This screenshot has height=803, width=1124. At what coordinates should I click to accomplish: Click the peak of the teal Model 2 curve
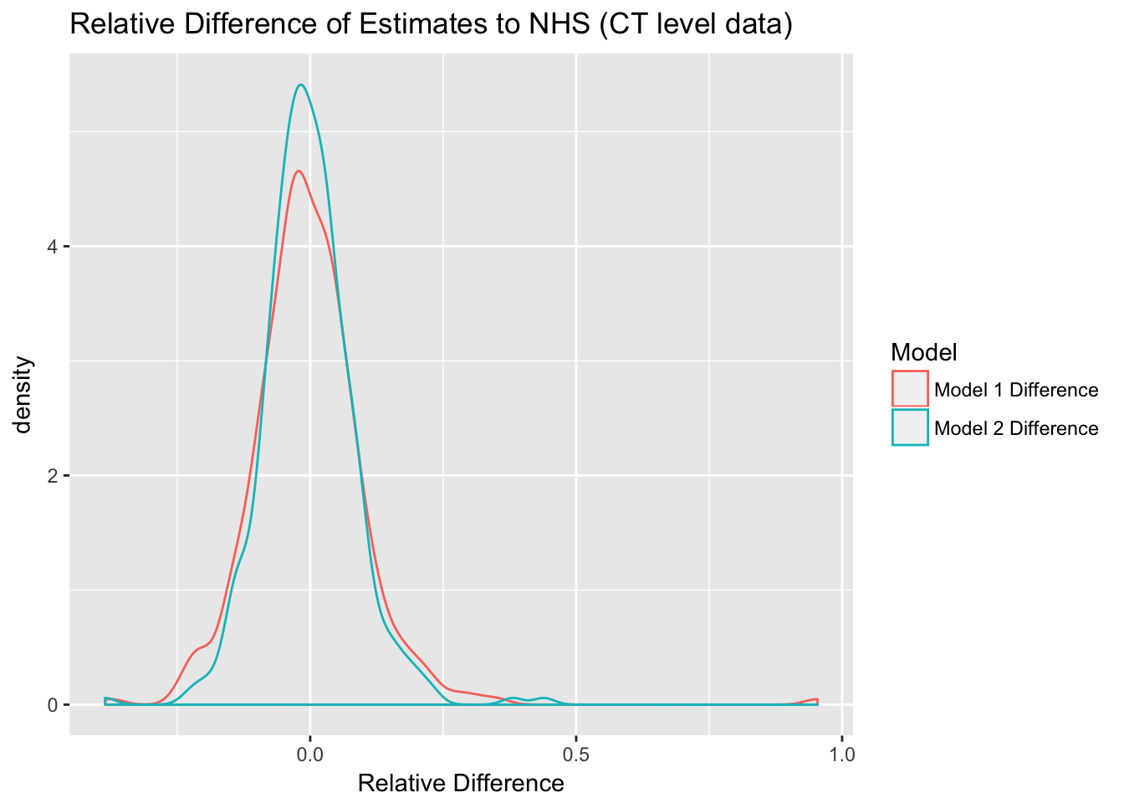(x=300, y=84)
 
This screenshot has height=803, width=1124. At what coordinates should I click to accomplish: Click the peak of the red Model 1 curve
(x=299, y=171)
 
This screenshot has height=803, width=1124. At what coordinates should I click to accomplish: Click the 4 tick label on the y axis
(x=52, y=247)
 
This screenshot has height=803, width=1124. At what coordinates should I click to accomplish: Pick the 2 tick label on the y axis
(x=52, y=476)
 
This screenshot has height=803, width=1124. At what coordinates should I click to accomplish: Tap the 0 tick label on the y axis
(x=52, y=705)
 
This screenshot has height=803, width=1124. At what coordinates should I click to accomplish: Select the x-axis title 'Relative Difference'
(x=461, y=784)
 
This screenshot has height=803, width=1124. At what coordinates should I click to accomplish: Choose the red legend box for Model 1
(x=910, y=389)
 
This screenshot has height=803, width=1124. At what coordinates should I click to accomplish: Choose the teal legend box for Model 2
(x=910, y=427)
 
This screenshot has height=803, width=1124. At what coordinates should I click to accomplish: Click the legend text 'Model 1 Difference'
(x=1015, y=390)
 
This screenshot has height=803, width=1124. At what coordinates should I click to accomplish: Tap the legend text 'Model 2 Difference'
(x=1015, y=428)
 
